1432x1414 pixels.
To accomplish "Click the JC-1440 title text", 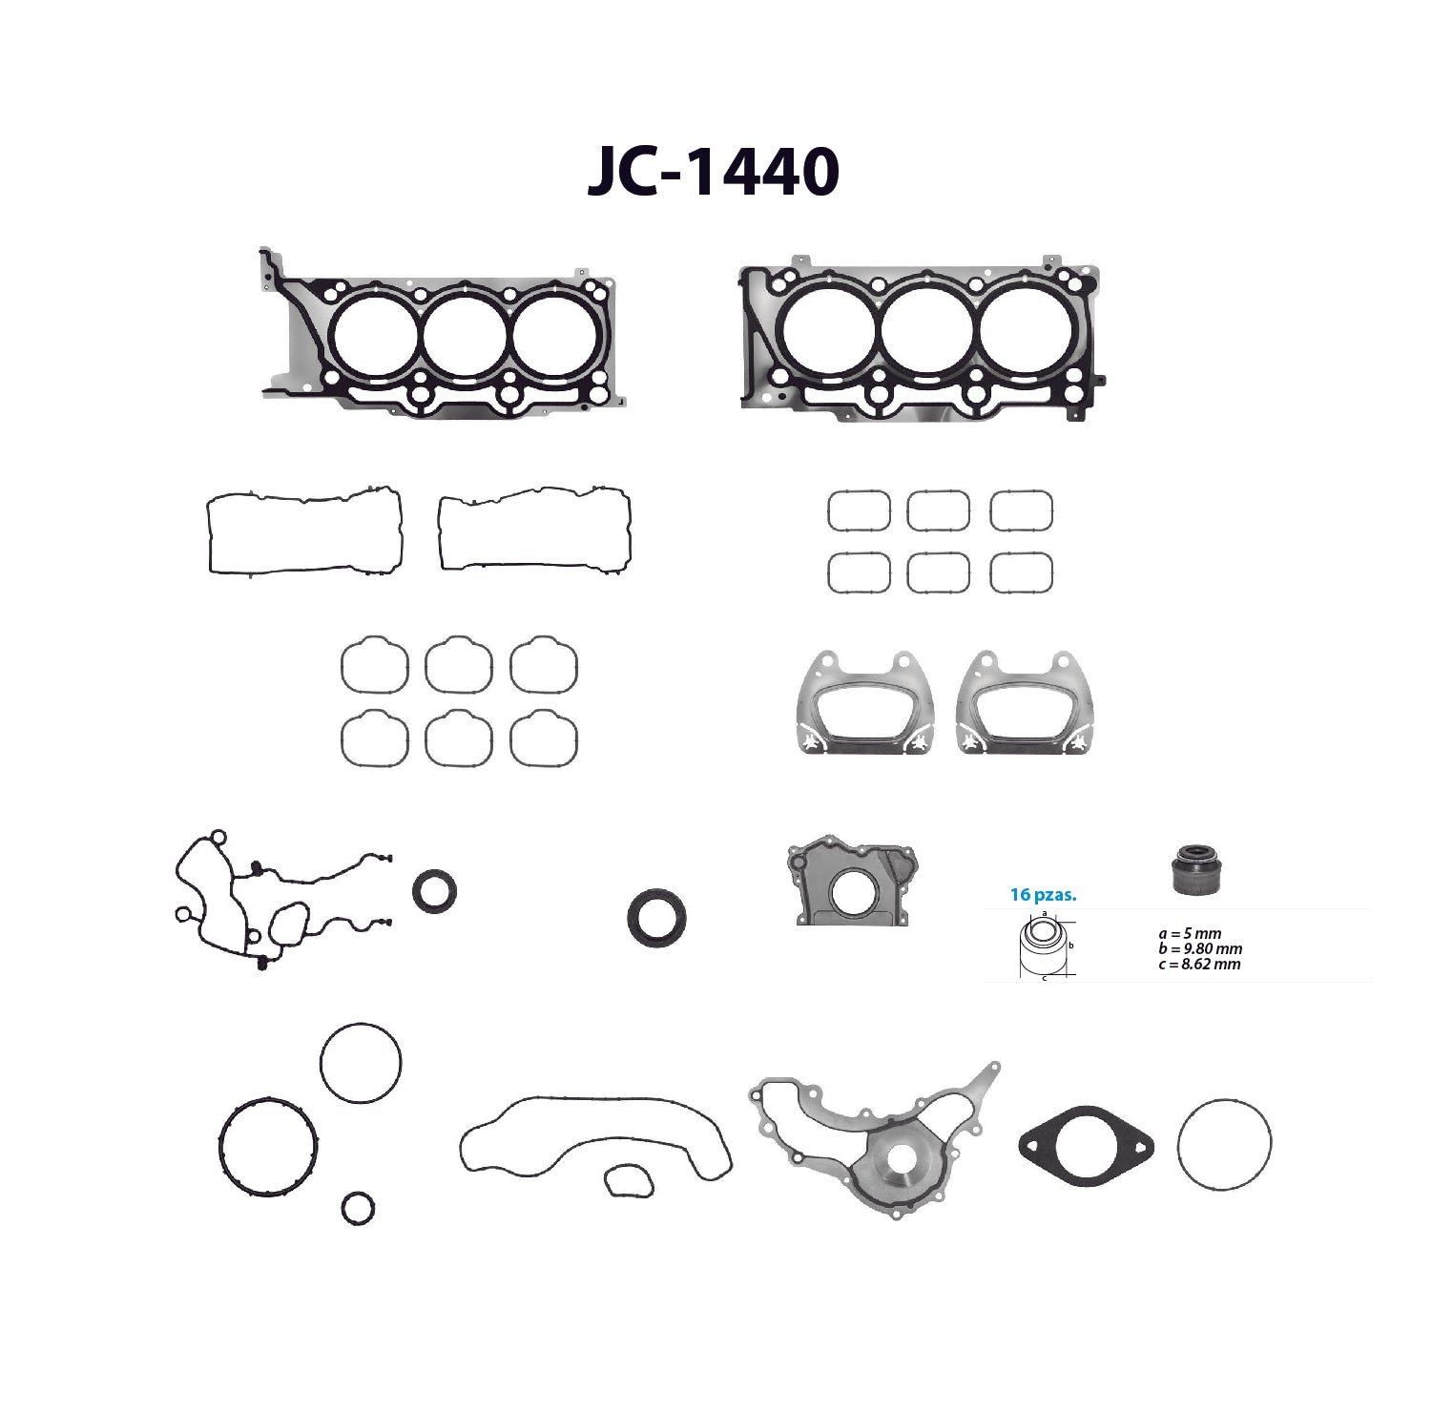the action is [714, 172].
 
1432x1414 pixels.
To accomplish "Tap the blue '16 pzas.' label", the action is [1043, 895].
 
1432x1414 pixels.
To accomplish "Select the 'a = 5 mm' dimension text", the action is [1190, 934].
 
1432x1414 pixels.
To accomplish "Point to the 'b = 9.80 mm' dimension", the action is [1200, 949].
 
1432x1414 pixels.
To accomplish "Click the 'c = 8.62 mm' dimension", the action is [1199, 965].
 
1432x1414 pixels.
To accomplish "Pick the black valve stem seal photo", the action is [1196, 869].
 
